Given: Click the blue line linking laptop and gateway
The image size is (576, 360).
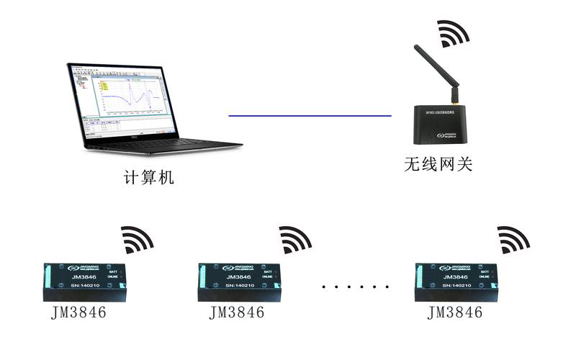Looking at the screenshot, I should (x=310, y=115).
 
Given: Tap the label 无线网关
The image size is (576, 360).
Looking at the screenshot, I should (x=438, y=164).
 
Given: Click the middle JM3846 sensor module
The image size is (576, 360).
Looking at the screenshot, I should (x=242, y=281).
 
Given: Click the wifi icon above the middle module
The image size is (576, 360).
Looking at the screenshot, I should (x=294, y=239).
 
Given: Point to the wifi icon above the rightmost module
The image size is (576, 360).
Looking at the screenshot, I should (x=513, y=239).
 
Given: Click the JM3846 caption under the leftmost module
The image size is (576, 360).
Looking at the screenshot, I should (x=80, y=312).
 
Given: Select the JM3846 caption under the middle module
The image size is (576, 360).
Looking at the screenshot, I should (x=237, y=312).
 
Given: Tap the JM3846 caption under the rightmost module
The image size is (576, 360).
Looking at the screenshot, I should (x=454, y=312).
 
